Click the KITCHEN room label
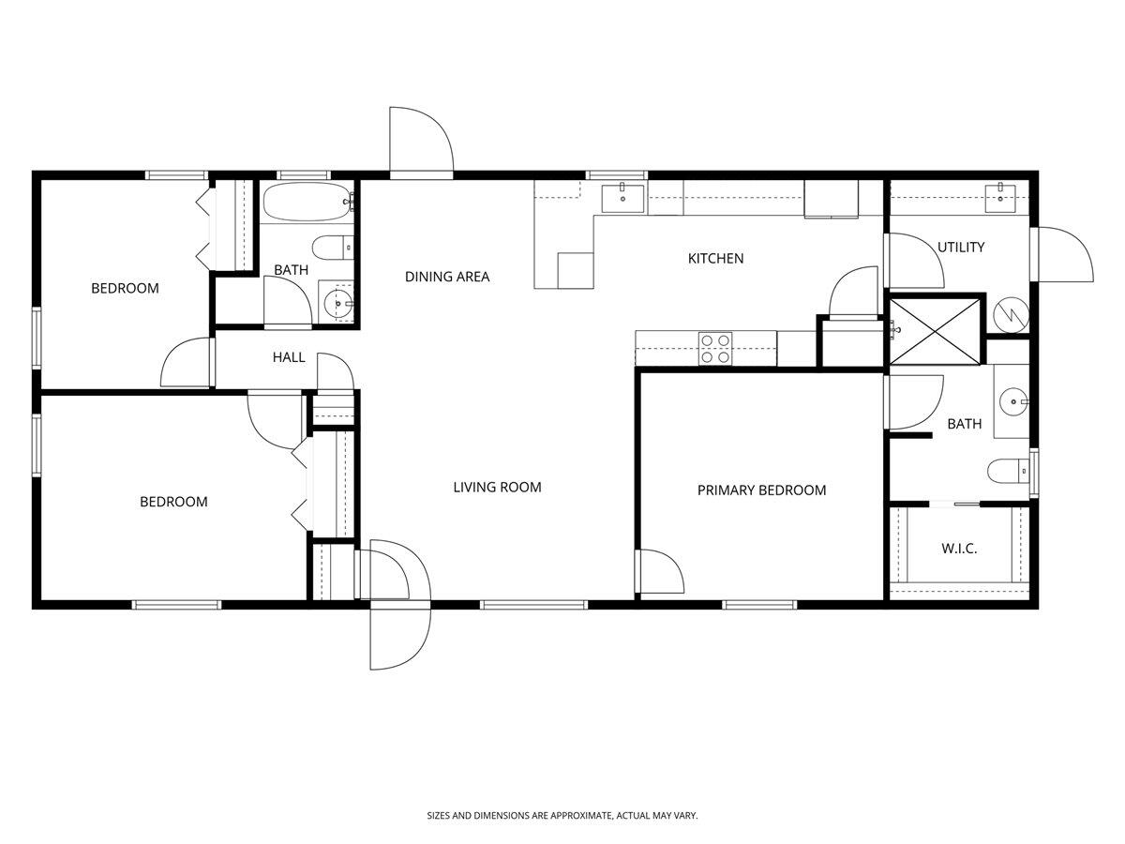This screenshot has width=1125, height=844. click(715, 258)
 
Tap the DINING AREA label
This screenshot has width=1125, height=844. click(447, 277)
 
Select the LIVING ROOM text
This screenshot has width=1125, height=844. click(497, 487)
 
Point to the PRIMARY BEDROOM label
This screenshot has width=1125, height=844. click(761, 490)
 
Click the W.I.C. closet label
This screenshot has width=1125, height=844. click(959, 549)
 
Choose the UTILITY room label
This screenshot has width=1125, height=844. click(961, 248)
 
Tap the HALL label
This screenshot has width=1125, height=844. click(289, 356)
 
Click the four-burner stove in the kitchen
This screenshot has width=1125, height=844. click(715, 349)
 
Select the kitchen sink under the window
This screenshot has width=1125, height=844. click(622, 198)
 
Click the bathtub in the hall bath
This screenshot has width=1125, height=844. click(307, 201)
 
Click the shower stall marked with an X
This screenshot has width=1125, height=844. click(936, 329)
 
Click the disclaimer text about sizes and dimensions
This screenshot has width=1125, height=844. click(562, 817)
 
